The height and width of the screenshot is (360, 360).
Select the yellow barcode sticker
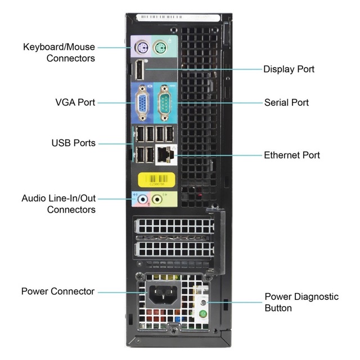[157, 179]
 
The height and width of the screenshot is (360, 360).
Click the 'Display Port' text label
[289, 69]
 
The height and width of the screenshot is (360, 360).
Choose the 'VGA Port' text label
[75, 102]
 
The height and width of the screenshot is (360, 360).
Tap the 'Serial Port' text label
[286, 102]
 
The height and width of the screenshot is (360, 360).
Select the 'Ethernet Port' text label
[292, 155]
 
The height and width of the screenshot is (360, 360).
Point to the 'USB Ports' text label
[73, 143]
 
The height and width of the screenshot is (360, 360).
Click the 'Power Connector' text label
[58, 291]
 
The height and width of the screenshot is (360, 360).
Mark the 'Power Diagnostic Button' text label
[301, 302]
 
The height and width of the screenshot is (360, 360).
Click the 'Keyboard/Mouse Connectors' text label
[59, 52]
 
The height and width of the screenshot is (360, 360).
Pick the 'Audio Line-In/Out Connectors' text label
[58, 204]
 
